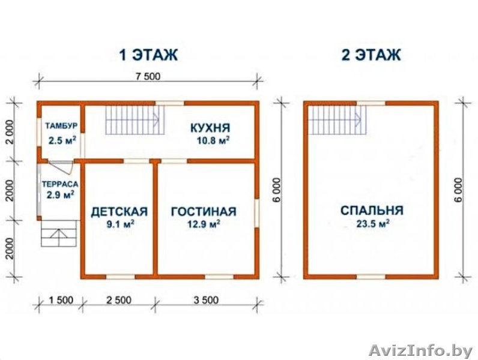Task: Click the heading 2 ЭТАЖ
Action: (371, 55)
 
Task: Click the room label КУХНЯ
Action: (210, 128)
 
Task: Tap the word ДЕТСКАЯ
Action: (119, 211)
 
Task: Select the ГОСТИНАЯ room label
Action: (203, 211)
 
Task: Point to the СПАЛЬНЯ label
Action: (371, 211)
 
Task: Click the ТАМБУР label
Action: (59, 125)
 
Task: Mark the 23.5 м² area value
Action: (372, 225)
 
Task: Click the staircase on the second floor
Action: (337, 119)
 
